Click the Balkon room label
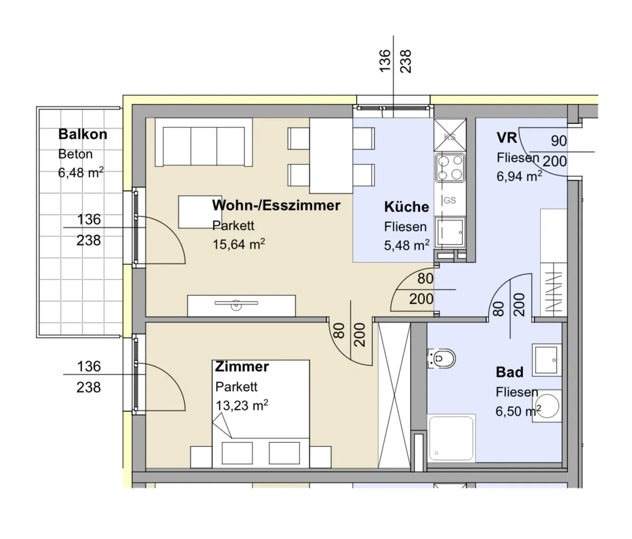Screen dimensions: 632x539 [83, 134]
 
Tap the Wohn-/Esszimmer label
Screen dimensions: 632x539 [276, 205]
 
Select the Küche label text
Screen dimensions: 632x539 [407, 207]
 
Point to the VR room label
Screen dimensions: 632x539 [507, 138]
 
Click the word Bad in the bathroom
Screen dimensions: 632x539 [509, 372]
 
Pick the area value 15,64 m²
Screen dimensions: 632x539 [239, 244]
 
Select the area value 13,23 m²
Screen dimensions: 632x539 [242, 405]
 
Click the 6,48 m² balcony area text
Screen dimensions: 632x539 [81, 173]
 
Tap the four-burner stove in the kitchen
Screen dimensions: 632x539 [450, 168]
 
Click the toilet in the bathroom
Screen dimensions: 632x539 [441, 358]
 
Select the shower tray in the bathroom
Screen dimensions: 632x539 [451, 438]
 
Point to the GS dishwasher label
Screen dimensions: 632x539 [449, 201]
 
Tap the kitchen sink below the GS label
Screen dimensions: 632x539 [450, 233]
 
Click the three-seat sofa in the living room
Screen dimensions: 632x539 [204, 143]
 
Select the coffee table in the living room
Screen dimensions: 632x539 [196, 212]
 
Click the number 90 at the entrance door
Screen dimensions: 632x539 [559, 141]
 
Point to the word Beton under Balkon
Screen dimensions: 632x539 [75, 154]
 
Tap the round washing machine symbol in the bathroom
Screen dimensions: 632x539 [547, 406]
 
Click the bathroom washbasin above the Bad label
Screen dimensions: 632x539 [547, 360]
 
